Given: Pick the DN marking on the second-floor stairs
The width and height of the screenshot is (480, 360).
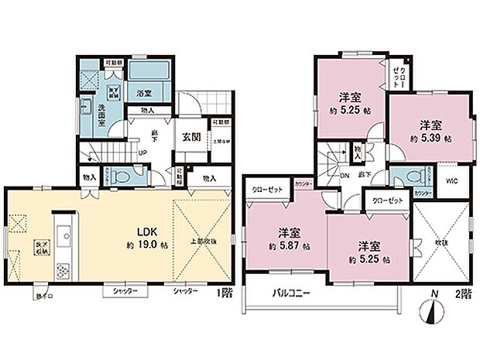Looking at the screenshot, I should (345, 175).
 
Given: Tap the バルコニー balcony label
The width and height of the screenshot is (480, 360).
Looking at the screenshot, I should (291, 294).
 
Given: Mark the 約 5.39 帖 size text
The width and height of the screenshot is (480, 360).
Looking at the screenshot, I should (431, 137).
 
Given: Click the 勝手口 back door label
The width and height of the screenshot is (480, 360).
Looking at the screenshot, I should (39, 296).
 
